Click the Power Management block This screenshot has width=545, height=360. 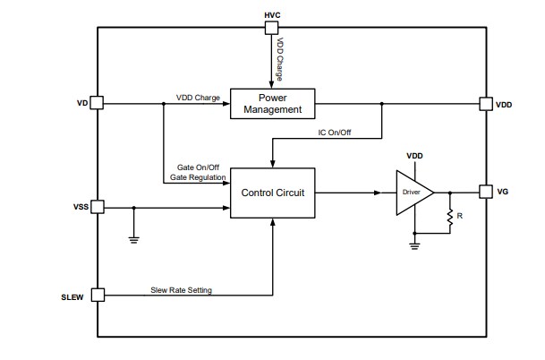point(273,104)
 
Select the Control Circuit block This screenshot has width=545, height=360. point(273,193)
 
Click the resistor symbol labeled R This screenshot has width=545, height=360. point(449,218)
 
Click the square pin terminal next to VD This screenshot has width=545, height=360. point(98,104)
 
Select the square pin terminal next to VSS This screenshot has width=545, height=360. point(98,207)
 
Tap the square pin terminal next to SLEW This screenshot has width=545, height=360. point(98,295)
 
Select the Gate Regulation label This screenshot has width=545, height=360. point(197,177)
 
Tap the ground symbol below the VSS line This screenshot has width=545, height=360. point(133,238)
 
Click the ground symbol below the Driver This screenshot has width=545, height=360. point(414,242)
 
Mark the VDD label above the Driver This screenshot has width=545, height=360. point(414,155)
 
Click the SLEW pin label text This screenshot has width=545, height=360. point(72,296)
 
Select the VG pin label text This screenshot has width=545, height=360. point(504,192)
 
